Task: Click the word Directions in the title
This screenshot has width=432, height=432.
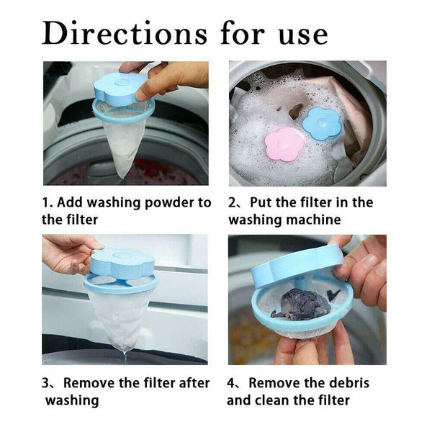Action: pos(125,33)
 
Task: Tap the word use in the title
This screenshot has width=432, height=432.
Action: pos(303,37)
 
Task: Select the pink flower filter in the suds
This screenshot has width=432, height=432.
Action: pos(284,144)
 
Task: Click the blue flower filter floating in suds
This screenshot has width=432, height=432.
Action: pos(323,123)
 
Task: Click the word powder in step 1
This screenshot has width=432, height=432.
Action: pos(168,203)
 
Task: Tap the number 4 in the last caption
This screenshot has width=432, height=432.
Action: pos(230,383)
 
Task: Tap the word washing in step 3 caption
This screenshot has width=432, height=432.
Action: pos(72,401)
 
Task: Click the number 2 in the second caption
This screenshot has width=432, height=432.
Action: pos(232,203)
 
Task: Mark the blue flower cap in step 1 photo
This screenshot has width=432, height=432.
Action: pos(120,88)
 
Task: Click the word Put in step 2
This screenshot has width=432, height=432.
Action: pos(261,203)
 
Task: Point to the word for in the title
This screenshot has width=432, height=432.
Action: pos(243,33)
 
